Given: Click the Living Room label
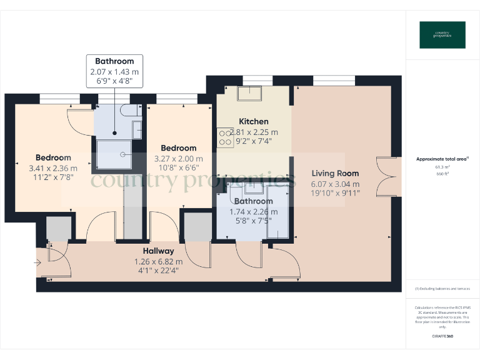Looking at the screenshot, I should pyautogui.click(x=335, y=173).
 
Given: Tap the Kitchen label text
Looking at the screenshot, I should pyautogui.click(x=254, y=121).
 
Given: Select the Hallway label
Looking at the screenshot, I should pyautogui.click(x=158, y=251).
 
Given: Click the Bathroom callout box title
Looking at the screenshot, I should pyautogui.click(x=114, y=61).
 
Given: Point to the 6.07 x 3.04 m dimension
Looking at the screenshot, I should pyautogui.click(x=335, y=184).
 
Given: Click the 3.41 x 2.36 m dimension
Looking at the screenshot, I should pyautogui.click(x=53, y=168).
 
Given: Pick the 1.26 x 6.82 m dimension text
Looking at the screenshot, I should pyautogui.click(x=158, y=261).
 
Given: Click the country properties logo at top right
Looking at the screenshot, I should pyautogui.click(x=442, y=35).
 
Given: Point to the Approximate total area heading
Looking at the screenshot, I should pyautogui.click(x=442, y=159).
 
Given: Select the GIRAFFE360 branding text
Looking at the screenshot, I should pyautogui.click(x=442, y=337).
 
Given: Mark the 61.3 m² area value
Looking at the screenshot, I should pyautogui.click(x=442, y=167).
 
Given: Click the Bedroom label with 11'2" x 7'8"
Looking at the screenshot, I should pyautogui.click(x=53, y=157).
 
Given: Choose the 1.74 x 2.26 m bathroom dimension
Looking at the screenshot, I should pyautogui.click(x=254, y=212).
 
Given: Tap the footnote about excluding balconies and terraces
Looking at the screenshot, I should pyautogui.click(x=442, y=289).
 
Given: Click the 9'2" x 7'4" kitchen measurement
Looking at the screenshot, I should pyautogui.click(x=254, y=142).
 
